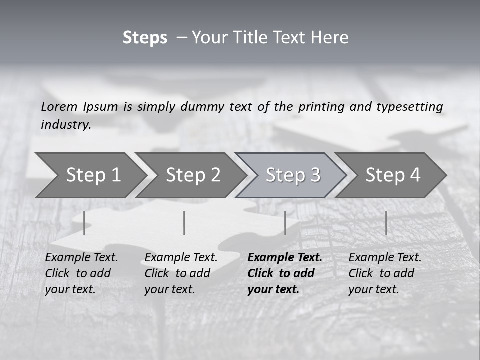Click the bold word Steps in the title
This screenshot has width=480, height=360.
(145, 38)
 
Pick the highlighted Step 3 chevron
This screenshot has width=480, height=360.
(293, 175)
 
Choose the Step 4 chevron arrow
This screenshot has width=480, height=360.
(393, 175)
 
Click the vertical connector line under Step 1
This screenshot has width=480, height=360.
(84, 223)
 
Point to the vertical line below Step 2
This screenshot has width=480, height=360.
(184, 223)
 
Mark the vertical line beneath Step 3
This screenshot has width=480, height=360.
(285, 223)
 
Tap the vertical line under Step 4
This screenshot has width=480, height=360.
(386, 223)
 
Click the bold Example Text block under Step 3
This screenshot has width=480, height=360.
(284, 273)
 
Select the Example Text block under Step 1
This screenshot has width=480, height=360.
(81, 273)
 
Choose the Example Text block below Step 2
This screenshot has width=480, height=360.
(181, 273)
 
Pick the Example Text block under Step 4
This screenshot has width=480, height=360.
(385, 273)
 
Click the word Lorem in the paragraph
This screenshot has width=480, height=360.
(59, 106)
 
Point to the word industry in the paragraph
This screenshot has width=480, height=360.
(65, 125)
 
